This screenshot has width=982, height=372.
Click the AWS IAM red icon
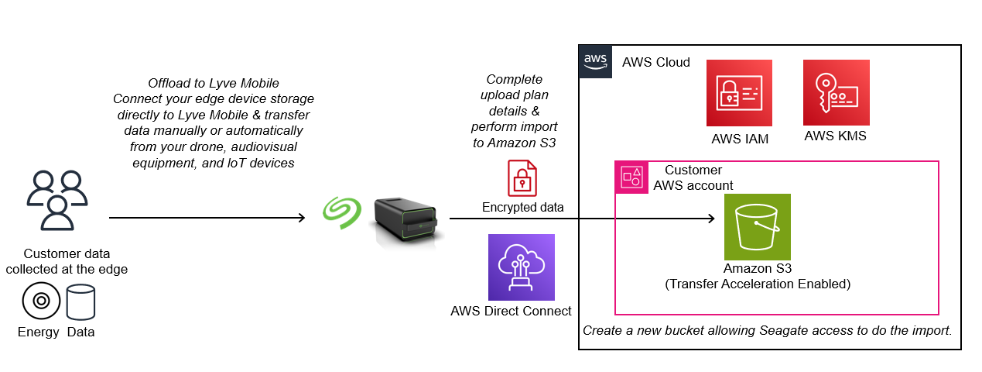(x=739, y=93)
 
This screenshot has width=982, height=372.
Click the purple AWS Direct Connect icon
(x=521, y=267)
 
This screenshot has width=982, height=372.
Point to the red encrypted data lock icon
(x=522, y=177)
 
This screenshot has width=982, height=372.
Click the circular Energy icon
(x=41, y=302)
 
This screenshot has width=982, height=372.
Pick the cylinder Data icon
(x=80, y=302)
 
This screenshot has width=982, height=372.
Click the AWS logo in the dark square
(x=595, y=62)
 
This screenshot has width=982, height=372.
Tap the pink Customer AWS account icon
(x=630, y=177)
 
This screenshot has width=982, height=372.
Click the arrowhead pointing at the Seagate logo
(x=303, y=219)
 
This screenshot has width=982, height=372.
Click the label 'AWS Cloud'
(x=656, y=63)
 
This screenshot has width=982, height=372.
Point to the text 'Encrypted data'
(x=522, y=207)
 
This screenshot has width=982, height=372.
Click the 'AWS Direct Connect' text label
(x=511, y=312)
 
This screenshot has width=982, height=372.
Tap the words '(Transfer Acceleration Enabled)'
(x=758, y=284)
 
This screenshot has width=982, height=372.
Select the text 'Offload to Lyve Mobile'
(x=213, y=83)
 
